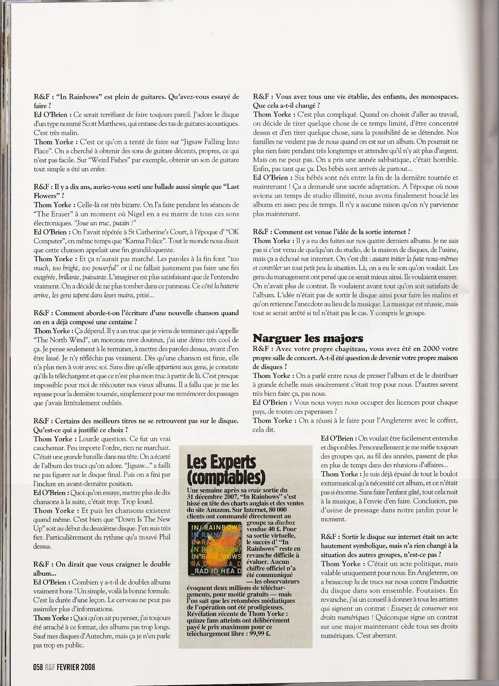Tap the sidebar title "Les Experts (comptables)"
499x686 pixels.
coord(226,471)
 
